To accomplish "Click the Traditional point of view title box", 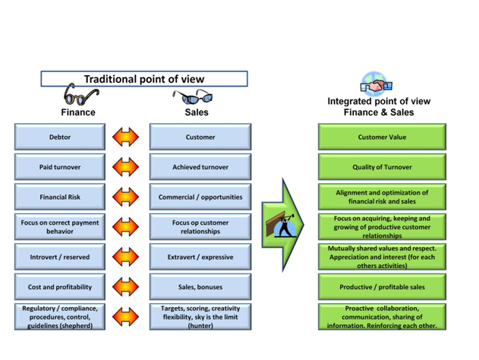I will tap(143, 79).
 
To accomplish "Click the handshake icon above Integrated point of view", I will tap(375, 84).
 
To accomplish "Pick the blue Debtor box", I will tap(60, 137).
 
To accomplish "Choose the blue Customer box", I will tap(200, 137).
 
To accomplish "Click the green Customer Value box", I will tap(382, 137).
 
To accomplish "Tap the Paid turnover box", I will tap(60, 167).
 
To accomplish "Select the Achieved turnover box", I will tap(200, 167).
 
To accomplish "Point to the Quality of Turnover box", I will tap(382, 167).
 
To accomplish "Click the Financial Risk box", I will tap(60, 197).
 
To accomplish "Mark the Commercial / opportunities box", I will tap(200, 197).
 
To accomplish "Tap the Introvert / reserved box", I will tap(60, 257).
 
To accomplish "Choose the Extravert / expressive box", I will tap(200, 257).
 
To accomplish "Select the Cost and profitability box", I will tap(60, 287).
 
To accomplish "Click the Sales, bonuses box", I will tap(200, 287).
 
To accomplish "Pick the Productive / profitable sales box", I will tap(382, 287).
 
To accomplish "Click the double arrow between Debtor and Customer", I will tap(125, 137).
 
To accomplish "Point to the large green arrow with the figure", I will tap(282, 225).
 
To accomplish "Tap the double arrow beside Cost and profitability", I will tap(125, 287).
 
